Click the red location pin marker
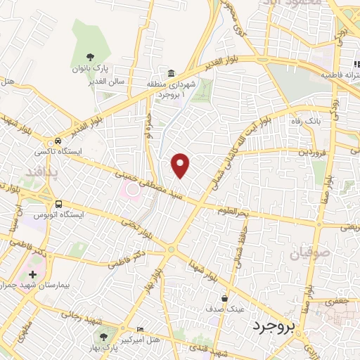(181, 166)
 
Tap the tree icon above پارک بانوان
(90, 57)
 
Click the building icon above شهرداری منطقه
(172, 73)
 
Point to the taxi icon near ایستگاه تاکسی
(57, 140)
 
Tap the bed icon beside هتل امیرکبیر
(141, 329)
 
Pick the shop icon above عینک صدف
(224, 298)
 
